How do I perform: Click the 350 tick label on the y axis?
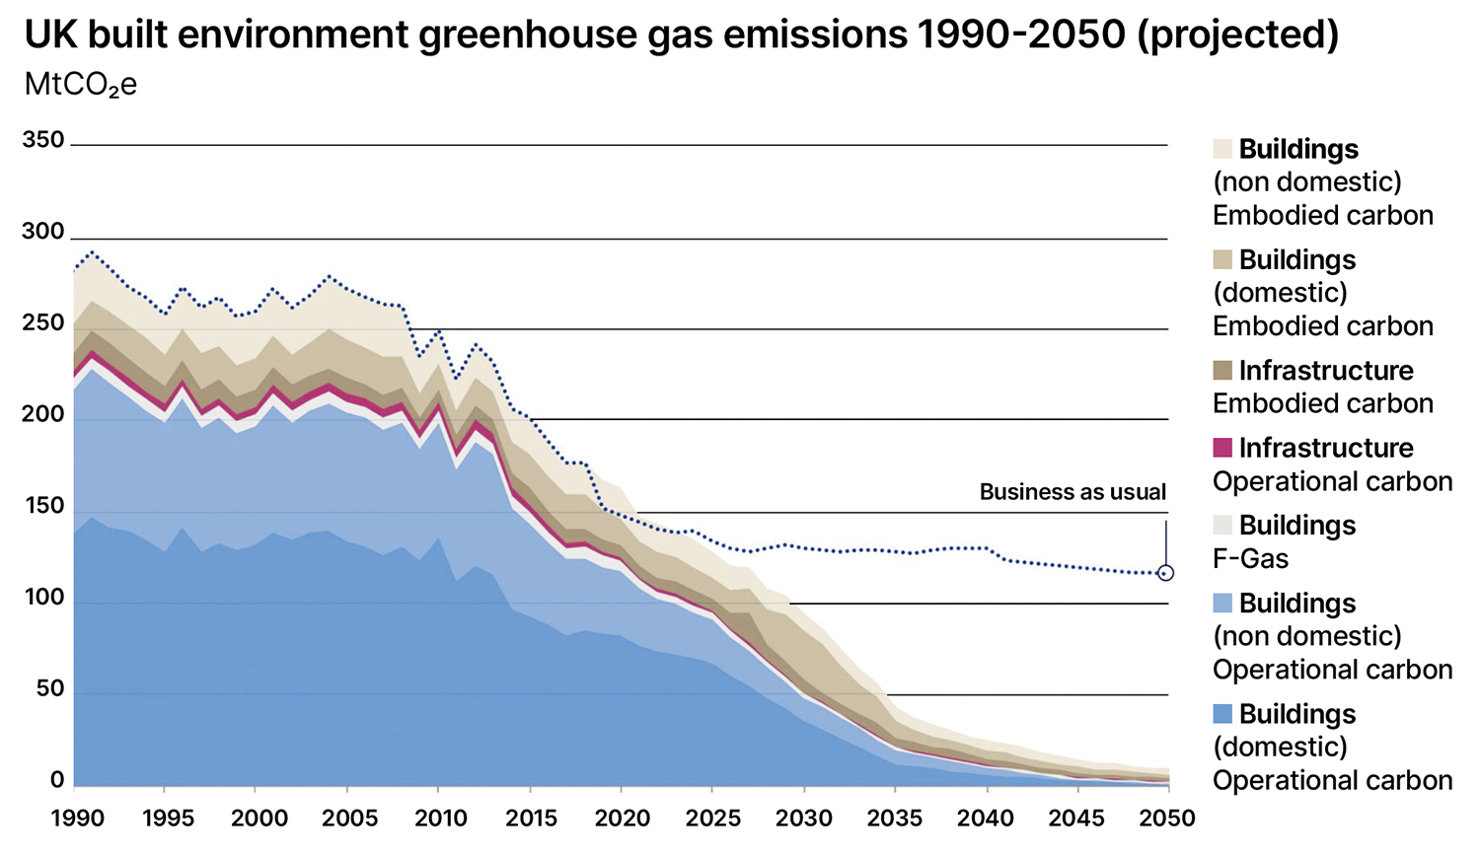[x=42, y=140]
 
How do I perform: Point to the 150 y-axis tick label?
[x=42, y=506]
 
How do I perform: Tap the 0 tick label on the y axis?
[x=57, y=780]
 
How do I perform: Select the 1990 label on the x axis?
[x=78, y=819]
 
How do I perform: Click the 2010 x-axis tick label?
[x=441, y=819]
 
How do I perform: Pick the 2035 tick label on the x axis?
[x=895, y=819]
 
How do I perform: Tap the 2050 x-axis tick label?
[x=1167, y=819]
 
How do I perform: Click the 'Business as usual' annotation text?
[x=1073, y=492]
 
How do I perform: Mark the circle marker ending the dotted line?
[x=1165, y=573]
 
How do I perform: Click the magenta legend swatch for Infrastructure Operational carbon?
[x=1222, y=448]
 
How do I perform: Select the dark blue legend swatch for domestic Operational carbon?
[x=1222, y=714]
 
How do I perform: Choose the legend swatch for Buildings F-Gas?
[x=1222, y=526]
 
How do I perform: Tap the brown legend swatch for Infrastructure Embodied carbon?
[x=1222, y=371]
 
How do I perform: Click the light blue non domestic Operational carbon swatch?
[x=1222, y=604]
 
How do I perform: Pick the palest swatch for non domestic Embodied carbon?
[x=1222, y=149]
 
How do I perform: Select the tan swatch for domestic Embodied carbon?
[x=1222, y=259]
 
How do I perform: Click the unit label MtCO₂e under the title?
[x=80, y=85]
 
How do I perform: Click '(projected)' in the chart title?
[x=1237, y=36]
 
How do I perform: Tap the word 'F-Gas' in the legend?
[x=1250, y=559]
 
